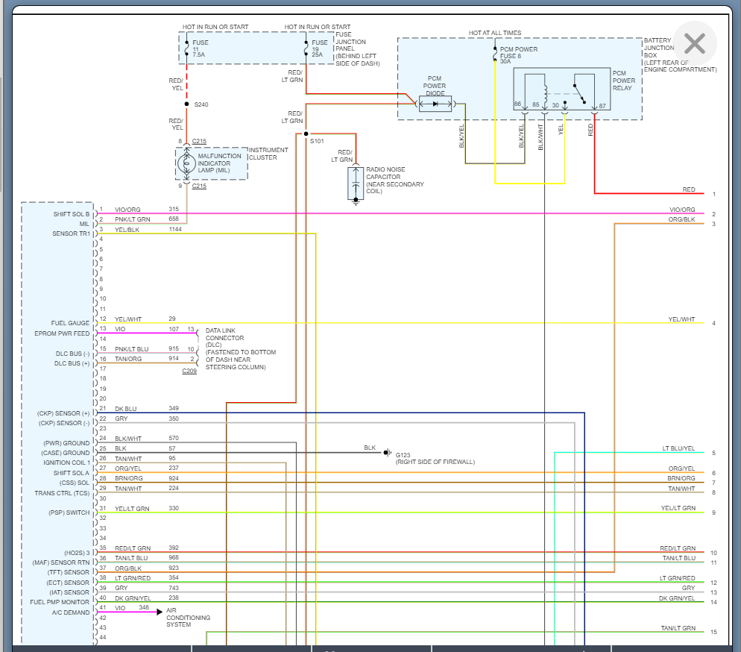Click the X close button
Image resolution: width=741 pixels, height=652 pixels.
click(694, 43)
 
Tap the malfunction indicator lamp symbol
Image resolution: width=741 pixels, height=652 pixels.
click(188, 163)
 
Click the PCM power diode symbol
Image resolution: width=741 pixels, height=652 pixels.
click(435, 104)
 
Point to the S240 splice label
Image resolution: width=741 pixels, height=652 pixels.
click(201, 104)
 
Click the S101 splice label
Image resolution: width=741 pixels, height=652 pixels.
click(317, 140)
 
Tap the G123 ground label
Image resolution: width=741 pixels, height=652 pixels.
click(403, 454)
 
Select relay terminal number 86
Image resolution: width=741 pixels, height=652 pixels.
click(517, 105)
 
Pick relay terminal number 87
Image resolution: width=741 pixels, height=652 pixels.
click(602, 105)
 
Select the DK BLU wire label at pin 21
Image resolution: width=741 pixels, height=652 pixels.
click(126, 408)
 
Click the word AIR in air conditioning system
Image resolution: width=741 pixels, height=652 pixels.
click(172, 610)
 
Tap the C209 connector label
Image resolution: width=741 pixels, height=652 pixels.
click(189, 371)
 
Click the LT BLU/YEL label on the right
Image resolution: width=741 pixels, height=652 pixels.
click(678, 448)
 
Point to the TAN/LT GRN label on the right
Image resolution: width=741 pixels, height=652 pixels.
click(678, 628)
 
